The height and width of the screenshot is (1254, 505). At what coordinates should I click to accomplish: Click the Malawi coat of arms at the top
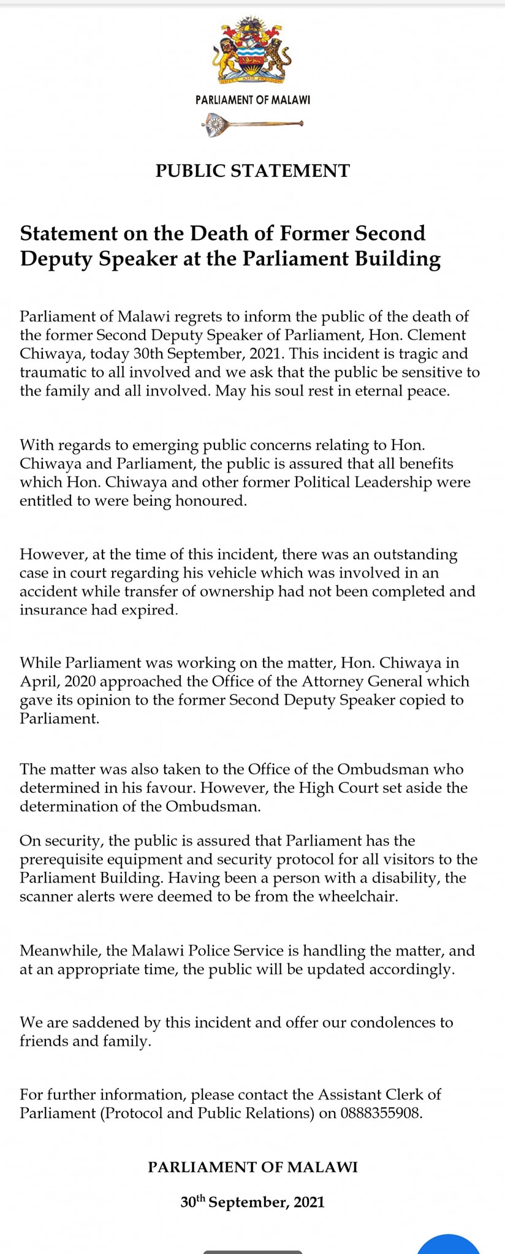click(x=252, y=51)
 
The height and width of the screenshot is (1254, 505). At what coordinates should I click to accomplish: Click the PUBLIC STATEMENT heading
click(x=252, y=171)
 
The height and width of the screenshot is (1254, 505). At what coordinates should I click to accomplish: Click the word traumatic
click(x=51, y=372)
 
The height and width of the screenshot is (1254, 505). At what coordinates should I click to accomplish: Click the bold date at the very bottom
click(x=252, y=1202)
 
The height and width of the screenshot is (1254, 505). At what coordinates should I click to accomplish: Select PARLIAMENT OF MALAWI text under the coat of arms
click(x=252, y=100)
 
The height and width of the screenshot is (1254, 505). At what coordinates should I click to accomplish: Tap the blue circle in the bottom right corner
click(x=449, y=1244)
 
